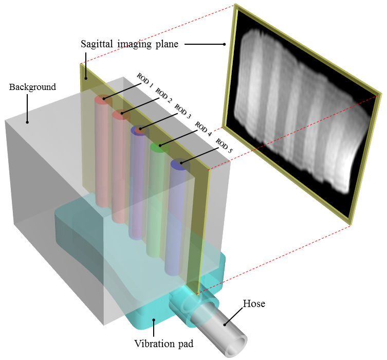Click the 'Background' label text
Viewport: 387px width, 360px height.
pos(32,87)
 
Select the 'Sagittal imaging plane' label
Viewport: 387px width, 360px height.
pos(129,44)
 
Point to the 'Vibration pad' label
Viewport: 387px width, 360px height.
pos(164,344)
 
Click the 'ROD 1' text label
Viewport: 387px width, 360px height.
pos(144,80)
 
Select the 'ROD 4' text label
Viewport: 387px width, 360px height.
pos(204,129)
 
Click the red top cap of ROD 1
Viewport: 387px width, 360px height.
pos(104,99)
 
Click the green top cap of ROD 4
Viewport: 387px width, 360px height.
pos(159,147)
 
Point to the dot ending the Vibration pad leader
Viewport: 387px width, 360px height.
pos(154,320)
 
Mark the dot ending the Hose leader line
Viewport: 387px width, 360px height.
pos(224,324)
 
